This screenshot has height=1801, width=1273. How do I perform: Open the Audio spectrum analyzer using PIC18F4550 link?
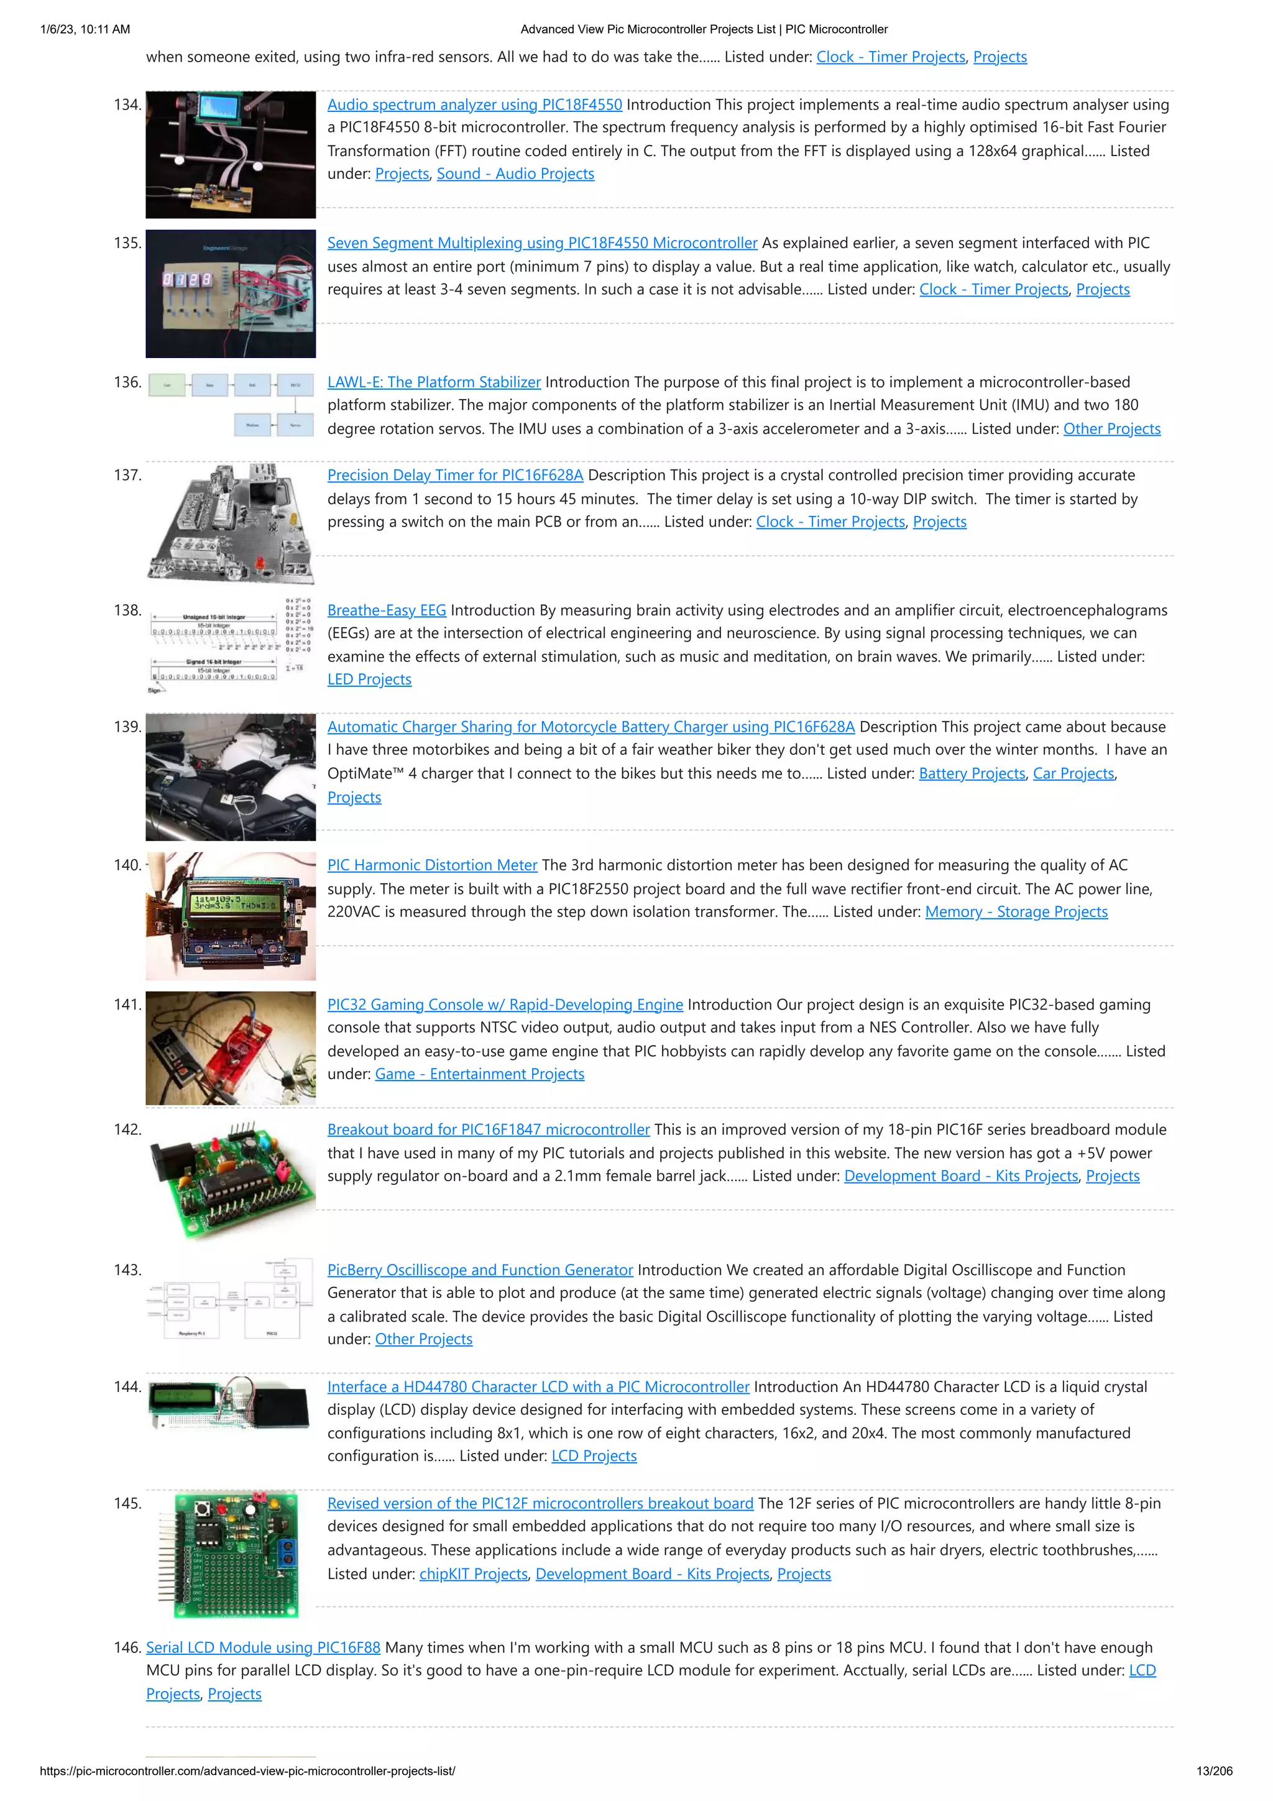pos(474,104)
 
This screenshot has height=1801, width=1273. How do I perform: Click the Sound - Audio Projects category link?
pos(515,173)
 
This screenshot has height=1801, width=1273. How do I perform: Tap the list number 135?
pos(127,243)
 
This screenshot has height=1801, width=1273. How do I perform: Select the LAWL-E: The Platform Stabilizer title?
pos(434,382)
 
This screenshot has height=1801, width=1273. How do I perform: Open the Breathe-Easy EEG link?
pos(387,610)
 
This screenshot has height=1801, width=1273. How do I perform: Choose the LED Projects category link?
pos(369,679)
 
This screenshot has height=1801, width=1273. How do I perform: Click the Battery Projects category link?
pos(972,773)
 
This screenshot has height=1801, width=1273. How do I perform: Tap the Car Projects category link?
pos(1073,773)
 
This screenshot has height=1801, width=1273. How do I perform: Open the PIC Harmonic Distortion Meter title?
pos(432,865)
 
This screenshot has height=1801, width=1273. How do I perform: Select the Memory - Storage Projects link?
pos(1016,911)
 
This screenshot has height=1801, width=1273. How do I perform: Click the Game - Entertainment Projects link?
pos(479,1074)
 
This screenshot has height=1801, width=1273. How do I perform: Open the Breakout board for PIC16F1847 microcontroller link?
pos(489,1130)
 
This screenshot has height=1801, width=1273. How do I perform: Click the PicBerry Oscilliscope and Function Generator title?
pos(480,1270)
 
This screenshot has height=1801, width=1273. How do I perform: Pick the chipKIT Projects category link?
pos(474,1573)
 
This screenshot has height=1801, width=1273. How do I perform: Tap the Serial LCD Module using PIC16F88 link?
pos(263,1647)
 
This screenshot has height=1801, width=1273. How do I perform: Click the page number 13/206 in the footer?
pos(1213,1771)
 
